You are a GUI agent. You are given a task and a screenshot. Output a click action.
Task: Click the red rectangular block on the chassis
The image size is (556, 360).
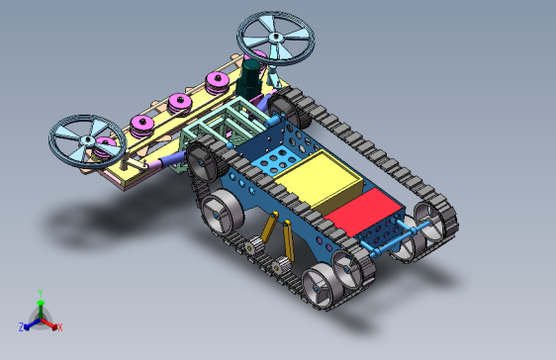363,212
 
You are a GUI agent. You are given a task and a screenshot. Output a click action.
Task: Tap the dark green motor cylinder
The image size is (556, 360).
250,78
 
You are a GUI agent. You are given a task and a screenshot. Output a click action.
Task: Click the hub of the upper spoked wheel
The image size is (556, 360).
275,37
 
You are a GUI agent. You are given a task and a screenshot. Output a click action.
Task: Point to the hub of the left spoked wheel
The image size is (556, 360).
87,140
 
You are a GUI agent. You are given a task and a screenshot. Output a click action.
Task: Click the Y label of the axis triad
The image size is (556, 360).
41,294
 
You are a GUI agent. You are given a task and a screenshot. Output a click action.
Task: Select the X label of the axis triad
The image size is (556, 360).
60,327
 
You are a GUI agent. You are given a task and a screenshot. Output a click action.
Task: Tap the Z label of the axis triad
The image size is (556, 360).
22,326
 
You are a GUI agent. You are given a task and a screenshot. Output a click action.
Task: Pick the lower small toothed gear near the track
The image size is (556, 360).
282,265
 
